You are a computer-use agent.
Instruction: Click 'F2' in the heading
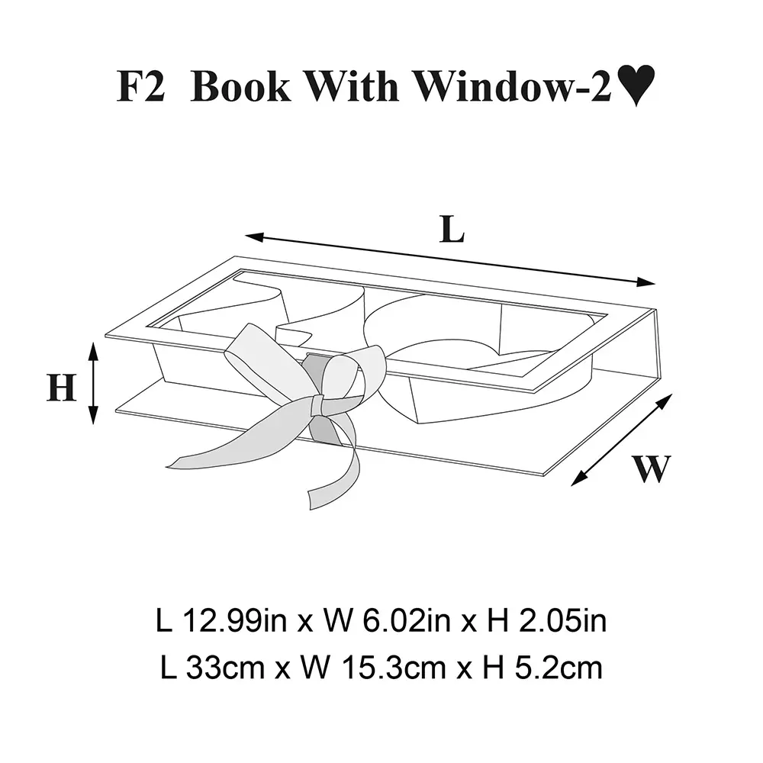[x=141, y=87]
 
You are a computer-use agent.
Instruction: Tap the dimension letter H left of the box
[x=61, y=388]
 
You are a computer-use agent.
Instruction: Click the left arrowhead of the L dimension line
[x=254, y=237]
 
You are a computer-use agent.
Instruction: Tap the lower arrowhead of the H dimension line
[x=93, y=415]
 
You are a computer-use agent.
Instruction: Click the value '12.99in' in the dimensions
[x=234, y=621]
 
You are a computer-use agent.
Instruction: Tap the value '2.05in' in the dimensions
[x=563, y=621]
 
